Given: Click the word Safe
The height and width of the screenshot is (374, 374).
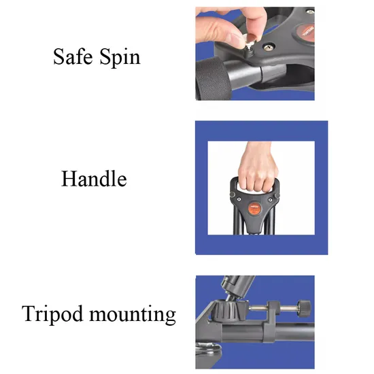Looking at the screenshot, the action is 73,56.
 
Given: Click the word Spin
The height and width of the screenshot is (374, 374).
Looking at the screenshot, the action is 120,58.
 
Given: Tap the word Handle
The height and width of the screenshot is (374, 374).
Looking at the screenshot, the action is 94,178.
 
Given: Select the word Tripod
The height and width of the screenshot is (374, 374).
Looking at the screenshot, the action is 52,314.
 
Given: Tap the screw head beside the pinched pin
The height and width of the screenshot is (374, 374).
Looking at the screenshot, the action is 269,47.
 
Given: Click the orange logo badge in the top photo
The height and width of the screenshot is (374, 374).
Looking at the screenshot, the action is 306,33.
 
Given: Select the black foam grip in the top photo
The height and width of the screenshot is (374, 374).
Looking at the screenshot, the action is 213,78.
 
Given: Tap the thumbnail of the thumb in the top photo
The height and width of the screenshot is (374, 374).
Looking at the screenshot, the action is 235,37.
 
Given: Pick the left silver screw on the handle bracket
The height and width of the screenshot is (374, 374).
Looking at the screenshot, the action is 239,199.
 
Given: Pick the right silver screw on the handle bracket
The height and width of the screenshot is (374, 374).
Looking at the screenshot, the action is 270,200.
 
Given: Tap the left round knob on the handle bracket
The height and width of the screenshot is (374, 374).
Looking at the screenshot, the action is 232,194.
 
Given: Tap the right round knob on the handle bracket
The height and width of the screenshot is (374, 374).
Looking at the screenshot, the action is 277,195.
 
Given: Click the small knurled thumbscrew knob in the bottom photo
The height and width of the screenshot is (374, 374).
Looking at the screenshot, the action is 304,308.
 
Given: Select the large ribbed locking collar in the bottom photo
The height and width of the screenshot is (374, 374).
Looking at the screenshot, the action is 225,310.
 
